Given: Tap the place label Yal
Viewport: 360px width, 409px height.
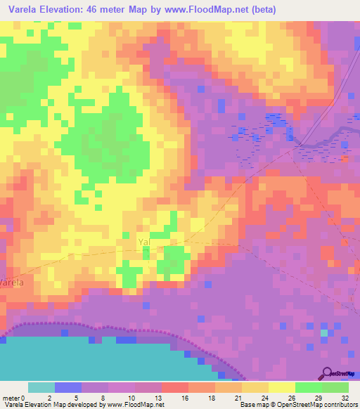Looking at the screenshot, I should click(x=144, y=242).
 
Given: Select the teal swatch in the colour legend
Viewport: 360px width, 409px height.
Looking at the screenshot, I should click(x=41, y=387).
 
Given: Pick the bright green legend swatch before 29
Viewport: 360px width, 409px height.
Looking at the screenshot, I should click(x=309, y=387).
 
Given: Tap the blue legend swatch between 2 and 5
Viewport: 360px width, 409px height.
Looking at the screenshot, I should click(x=68, y=387).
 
